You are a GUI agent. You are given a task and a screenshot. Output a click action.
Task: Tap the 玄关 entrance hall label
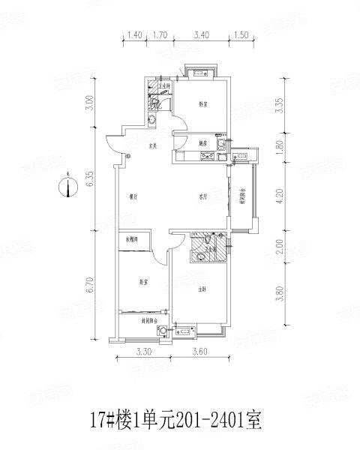pos(152,145)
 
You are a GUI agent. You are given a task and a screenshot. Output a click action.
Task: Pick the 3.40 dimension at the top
pos(200,35)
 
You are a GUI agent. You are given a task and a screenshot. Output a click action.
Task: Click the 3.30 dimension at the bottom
pos(144,351)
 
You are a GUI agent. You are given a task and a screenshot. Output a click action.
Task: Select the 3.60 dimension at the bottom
pos(200,351)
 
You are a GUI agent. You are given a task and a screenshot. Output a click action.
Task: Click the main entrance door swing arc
pos(114,139)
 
